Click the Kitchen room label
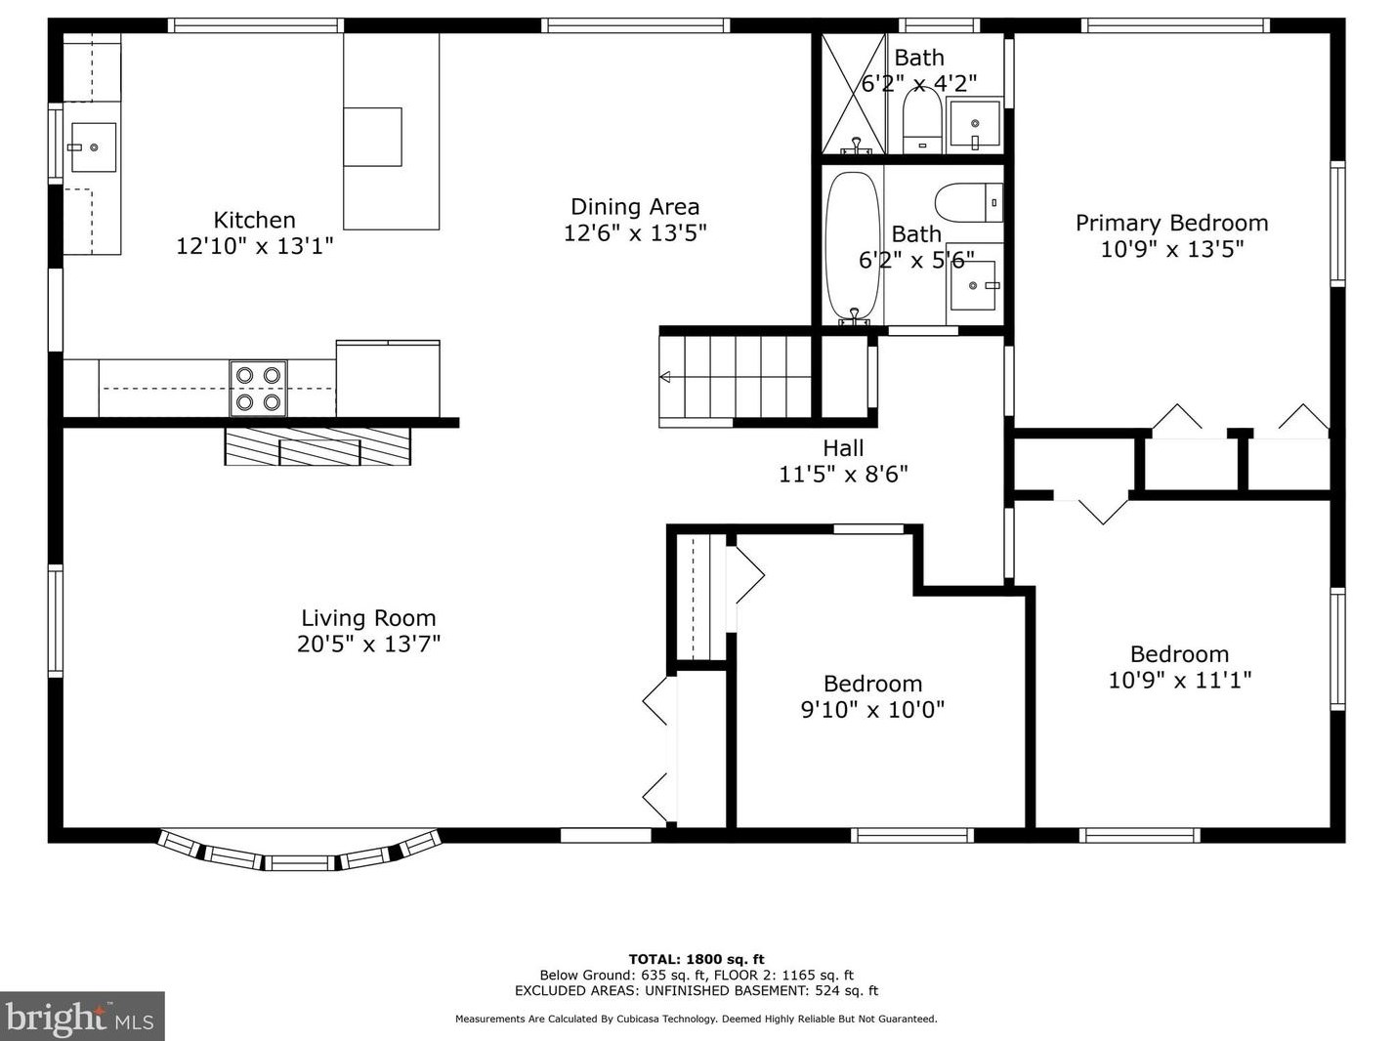tap(255, 220)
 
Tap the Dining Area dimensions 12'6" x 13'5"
tap(635, 232)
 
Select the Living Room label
tap(368, 618)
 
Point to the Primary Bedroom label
tap(1171, 223)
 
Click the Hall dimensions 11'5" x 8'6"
tap(843, 474)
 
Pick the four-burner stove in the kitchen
tap(258, 389)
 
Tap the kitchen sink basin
tap(93, 147)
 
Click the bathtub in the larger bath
tap(852, 246)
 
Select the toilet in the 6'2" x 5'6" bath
tap(968, 202)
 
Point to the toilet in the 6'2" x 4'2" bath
tap(922, 120)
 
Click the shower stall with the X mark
tap(854, 94)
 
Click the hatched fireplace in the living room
tap(317, 446)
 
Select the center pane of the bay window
tap(299, 862)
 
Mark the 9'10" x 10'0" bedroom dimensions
tap(872, 709)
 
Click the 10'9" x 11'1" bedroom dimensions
tap(1179, 680)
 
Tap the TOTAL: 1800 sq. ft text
tap(696, 959)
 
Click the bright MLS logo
tap(82, 1017)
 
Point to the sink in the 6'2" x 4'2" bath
tap(974, 124)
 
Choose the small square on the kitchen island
tap(372, 137)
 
